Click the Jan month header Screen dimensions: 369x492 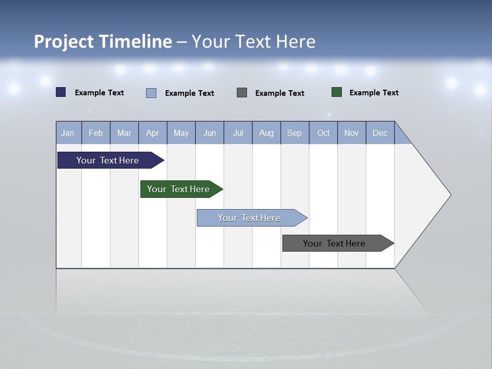(x=68, y=133)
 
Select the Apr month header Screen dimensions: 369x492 (x=152, y=133)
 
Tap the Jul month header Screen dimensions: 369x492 (x=238, y=133)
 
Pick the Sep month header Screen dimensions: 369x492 (x=294, y=133)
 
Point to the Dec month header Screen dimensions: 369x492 (x=380, y=133)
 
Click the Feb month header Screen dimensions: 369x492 (x=96, y=133)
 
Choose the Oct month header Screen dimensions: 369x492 (x=323, y=133)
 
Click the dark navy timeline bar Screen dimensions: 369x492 (x=108, y=160)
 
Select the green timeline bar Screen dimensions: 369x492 (x=178, y=189)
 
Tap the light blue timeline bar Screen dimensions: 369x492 (x=249, y=218)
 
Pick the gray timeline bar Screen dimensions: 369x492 (x=334, y=243)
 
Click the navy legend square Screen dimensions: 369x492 (x=61, y=92)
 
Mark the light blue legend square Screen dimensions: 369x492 (x=151, y=93)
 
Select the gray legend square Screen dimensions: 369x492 (x=242, y=93)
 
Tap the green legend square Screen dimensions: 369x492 (x=337, y=92)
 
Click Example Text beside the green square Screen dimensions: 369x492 (x=374, y=93)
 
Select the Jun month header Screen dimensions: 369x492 (x=210, y=133)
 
